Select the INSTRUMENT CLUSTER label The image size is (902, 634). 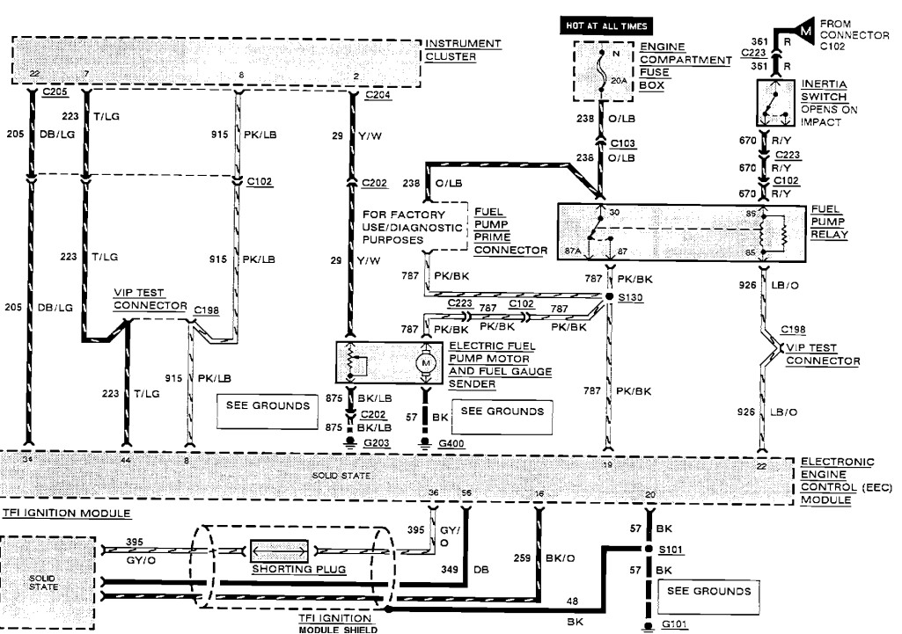tap(463, 50)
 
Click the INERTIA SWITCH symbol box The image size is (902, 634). tap(774, 104)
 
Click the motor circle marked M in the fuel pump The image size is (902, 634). tap(428, 361)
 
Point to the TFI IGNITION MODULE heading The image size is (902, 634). tap(66, 513)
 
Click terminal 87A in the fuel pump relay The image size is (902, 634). tap(574, 251)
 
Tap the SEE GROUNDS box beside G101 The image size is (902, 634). tap(708, 591)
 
